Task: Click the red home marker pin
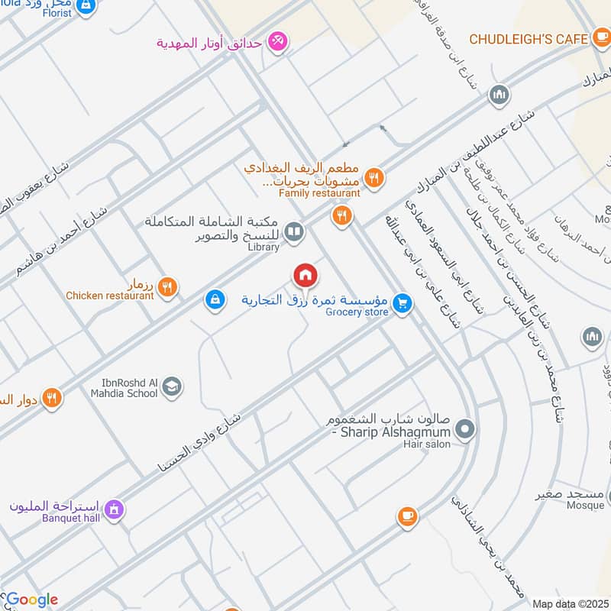click(x=305, y=275)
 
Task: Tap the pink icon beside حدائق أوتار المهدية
click(x=278, y=42)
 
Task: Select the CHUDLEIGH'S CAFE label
click(x=528, y=38)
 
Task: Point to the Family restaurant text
click(x=319, y=194)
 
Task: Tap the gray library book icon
click(x=293, y=230)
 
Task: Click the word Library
click(x=263, y=247)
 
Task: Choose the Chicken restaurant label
click(x=110, y=296)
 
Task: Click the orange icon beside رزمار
click(x=169, y=287)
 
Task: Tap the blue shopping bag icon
click(x=215, y=300)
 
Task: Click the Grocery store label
click(x=357, y=312)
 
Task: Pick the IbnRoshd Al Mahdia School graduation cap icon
click(x=173, y=386)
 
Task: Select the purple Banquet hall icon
click(x=115, y=509)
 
